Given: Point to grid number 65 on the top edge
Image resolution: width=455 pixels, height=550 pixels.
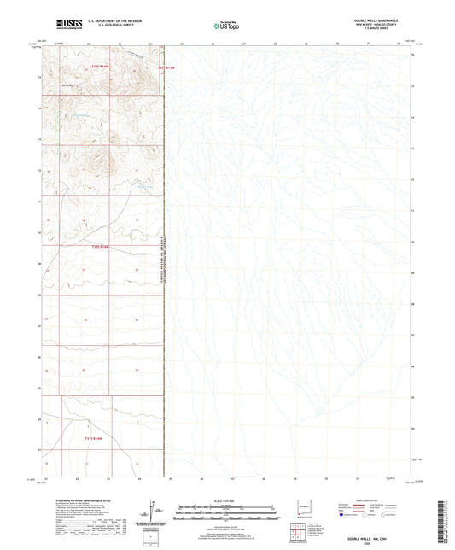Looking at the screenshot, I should tap(182, 42).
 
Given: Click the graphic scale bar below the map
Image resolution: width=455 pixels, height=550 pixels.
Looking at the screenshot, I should tap(227, 512).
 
